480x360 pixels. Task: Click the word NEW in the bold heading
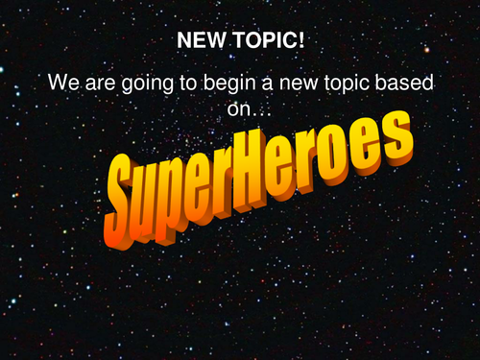[197, 43]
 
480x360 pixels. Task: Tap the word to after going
[184, 84]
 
